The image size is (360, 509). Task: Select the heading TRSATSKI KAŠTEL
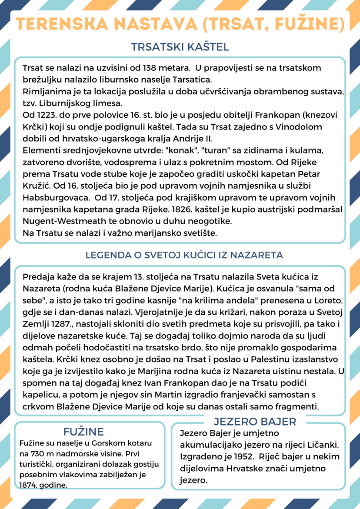(x=180, y=47)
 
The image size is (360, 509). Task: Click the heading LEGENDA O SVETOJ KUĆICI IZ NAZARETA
(x=184, y=255)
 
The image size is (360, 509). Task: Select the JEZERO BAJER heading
(x=255, y=421)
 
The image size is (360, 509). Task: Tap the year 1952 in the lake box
(x=242, y=457)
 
